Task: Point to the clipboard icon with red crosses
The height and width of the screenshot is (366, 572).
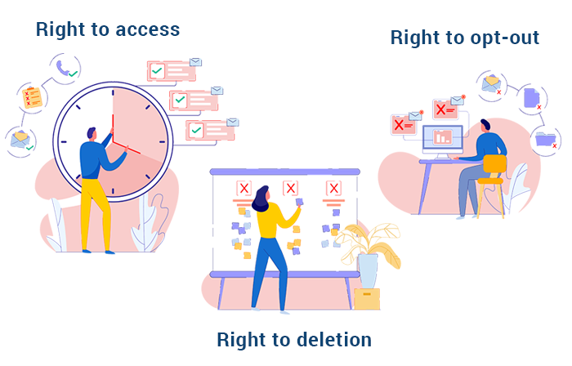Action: coord(32,98)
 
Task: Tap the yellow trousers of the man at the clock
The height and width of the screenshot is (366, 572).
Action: coord(96,208)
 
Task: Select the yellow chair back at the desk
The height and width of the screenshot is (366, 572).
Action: coord(494,163)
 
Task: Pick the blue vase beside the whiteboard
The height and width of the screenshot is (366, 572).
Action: coord(368,270)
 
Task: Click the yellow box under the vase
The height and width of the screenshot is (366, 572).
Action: coord(367,298)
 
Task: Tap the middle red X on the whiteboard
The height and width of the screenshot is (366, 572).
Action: coord(290,189)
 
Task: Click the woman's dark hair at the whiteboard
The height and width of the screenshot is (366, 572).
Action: coord(261,197)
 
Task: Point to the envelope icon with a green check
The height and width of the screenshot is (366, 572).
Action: coord(20,140)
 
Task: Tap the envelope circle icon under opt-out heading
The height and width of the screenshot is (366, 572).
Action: coord(491,83)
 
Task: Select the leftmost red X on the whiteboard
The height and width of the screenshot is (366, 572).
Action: coord(243,189)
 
